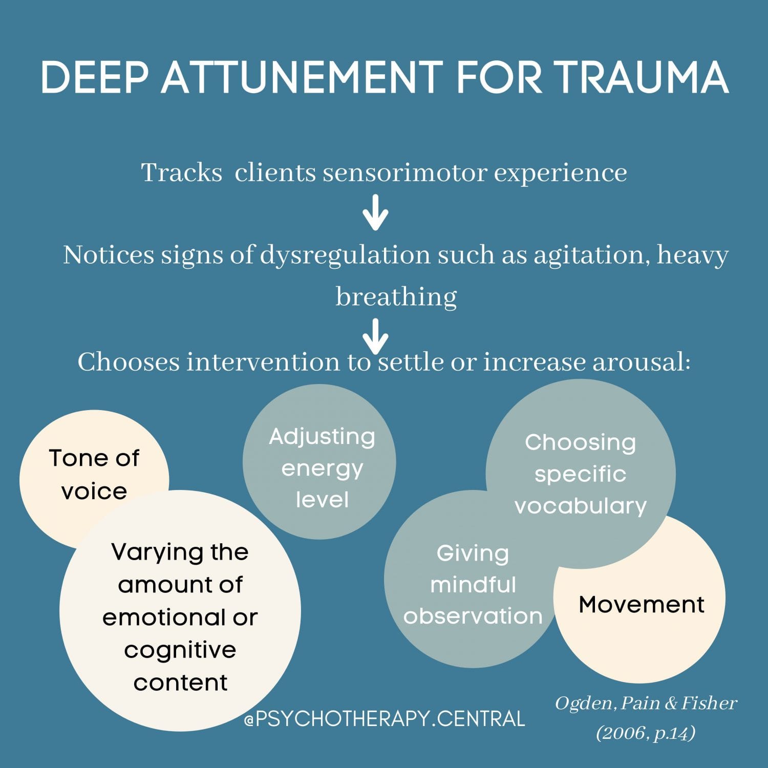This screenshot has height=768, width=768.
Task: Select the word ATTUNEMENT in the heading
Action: point(302,78)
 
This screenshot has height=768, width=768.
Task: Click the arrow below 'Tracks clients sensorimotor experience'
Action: point(375,212)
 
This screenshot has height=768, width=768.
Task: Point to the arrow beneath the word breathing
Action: point(375,335)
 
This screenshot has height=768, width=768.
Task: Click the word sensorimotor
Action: point(404,173)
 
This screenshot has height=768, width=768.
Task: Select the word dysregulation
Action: point(345,255)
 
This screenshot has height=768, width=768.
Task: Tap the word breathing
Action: point(396,297)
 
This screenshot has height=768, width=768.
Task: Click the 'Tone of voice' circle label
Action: point(94,475)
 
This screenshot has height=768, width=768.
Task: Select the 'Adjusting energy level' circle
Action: point(322,468)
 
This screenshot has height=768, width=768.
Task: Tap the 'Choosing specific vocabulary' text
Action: point(580,474)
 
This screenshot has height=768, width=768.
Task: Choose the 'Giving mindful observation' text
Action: point(473,585)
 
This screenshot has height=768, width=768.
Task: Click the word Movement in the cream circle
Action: point(641,605)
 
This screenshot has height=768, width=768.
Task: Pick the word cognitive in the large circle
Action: point(180,650)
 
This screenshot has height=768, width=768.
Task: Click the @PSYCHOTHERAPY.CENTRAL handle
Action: point(385,719)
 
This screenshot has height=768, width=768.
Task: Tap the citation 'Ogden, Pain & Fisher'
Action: point(646,703)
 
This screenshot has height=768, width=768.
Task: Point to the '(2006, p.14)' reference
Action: point(646,733)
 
